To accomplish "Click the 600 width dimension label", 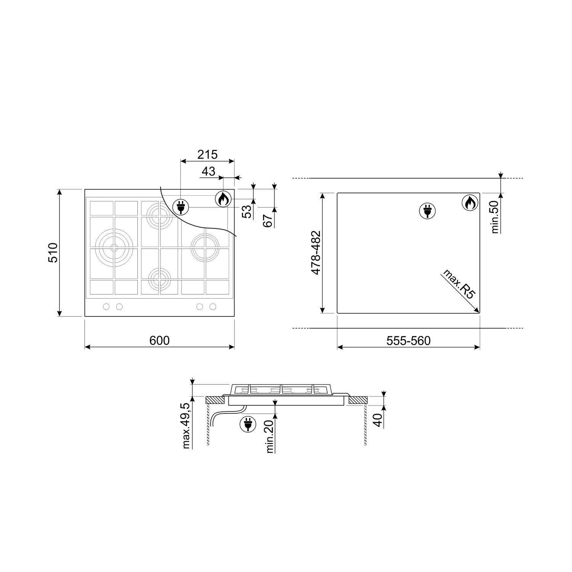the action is coord(159,340).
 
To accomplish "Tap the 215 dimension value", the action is coord(207,154).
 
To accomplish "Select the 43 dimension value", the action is coord(208,171).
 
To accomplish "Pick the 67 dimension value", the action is coord(268,221).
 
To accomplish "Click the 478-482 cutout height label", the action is coord(316,252).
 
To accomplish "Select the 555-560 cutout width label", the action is coord(408,341).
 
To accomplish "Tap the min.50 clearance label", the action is coord(495,217).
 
